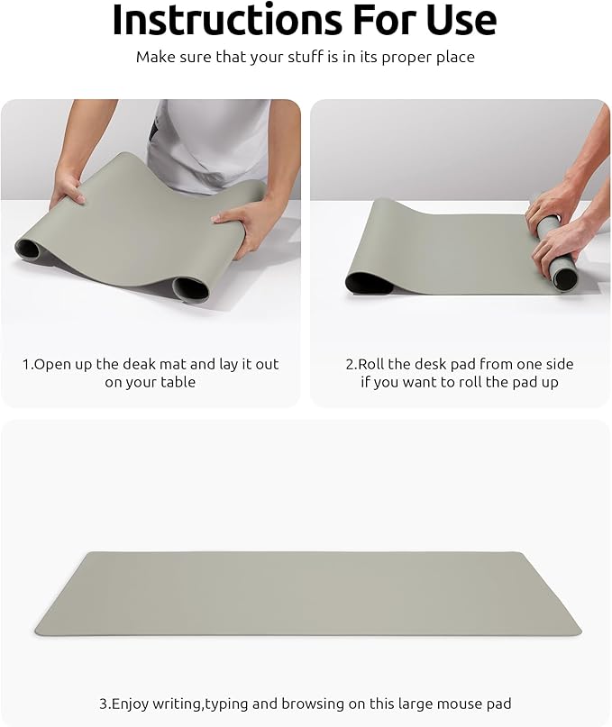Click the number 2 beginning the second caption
[350, 364]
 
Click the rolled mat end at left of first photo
[29, 248]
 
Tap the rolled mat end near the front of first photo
[190, 289]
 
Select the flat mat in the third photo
[306, 593]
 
